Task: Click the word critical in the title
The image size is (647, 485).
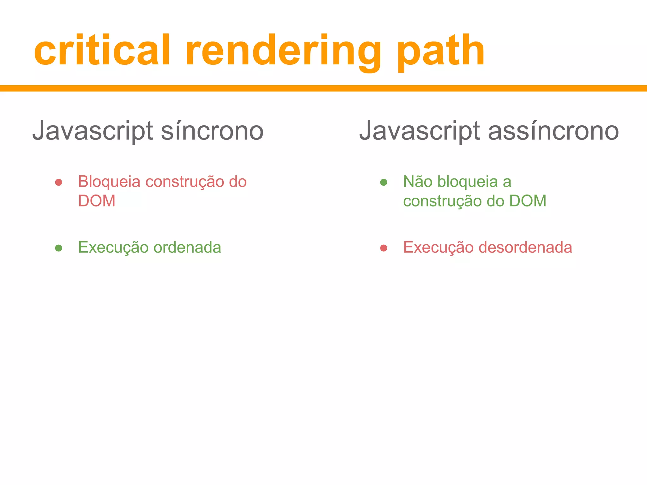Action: [x=102, y=51]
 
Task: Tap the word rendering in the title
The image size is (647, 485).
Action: [x=283, y=52]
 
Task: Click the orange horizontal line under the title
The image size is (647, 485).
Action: [x=323, y=88]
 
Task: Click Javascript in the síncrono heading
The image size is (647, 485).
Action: [x=93, y=131]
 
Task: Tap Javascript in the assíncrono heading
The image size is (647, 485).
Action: [x=420, y=131]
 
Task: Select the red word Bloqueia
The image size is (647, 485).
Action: [x=109, y=182]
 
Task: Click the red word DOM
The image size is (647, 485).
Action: [x=97, y=201]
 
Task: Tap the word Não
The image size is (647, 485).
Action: [x=418, y=182]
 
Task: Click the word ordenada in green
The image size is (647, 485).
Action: [x=187, y=247]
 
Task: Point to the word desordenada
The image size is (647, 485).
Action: [x=525, y=247]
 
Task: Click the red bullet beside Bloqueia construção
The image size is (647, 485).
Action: [x=58, y=182]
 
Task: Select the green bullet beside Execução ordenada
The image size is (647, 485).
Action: [x=58, y=248]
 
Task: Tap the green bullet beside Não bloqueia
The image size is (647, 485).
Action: [x=384, y=182]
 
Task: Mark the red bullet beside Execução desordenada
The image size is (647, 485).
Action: [x=384, y=248]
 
